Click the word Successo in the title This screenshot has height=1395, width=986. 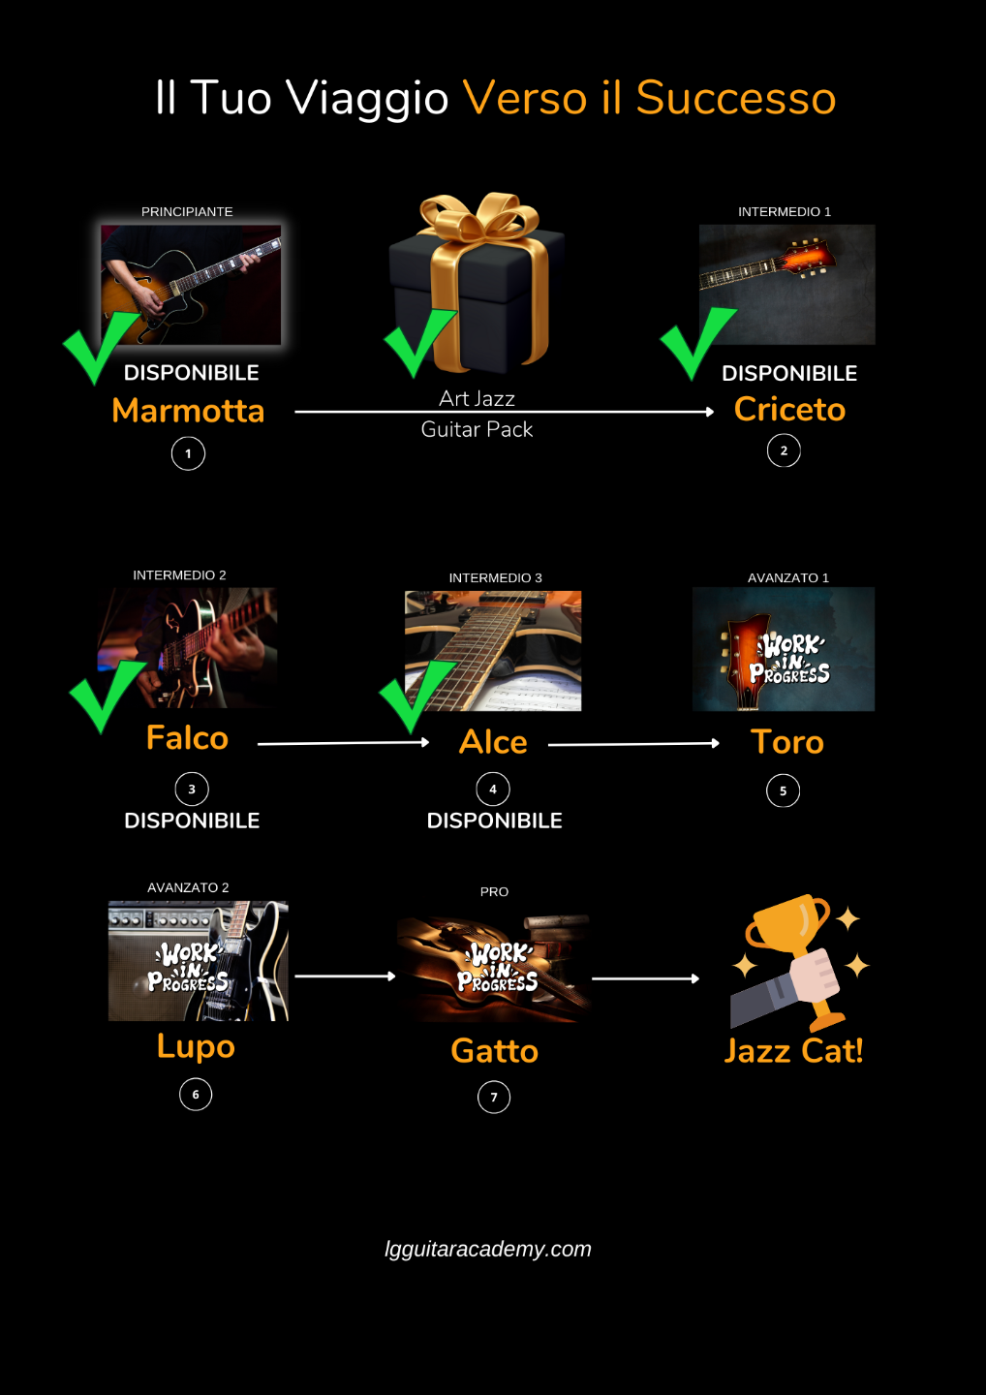[735, 99]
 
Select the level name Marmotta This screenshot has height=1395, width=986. [188, 411]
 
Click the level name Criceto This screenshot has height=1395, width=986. [789, 409]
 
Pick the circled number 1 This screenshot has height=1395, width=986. [188, 453]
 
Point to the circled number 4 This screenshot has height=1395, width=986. [493, 790]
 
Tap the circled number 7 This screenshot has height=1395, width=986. [494, 1098]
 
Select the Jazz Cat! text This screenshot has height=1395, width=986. [793, 1051]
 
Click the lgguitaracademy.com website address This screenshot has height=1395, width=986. [488, 1249]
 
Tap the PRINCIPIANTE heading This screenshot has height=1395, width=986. [187, 212]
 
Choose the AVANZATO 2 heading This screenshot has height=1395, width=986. [188, 887]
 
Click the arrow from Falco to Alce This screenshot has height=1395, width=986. [343, 743]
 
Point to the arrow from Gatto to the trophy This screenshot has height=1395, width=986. [645, 978]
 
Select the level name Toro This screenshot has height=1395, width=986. [787, 742]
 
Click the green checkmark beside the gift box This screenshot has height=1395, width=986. [419, 342]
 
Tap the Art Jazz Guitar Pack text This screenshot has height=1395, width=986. [477, 414]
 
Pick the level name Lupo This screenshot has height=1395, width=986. [196, 1046]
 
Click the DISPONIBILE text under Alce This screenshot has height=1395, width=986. [494, 821]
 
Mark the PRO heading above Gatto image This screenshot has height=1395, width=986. [494, 891]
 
